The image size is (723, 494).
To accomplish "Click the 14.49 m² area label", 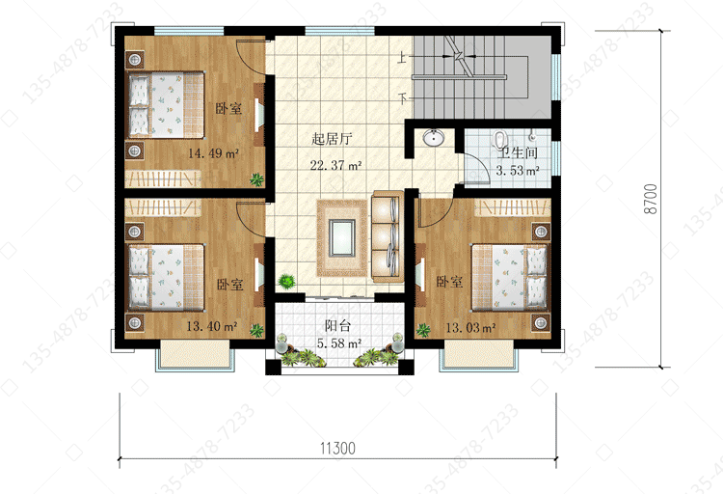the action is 213,152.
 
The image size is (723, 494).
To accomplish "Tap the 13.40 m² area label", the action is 212,326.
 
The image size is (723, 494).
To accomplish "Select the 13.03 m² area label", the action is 470,328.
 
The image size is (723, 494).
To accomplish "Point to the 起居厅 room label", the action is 332,139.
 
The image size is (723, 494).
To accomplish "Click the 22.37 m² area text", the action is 335,165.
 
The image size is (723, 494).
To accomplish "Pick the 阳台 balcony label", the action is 338,325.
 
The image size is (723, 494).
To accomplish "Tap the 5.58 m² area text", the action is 339,343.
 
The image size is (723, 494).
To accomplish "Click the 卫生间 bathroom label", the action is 518,152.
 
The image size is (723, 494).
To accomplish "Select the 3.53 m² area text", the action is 518,171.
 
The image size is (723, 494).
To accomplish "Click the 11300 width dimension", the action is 338,449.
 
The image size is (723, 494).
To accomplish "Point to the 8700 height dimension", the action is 651,199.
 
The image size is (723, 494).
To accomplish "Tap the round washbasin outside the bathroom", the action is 434,137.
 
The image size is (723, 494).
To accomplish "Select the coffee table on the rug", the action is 341,237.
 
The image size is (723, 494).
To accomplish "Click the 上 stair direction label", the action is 403,58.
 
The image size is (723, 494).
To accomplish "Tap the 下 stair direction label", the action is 403,97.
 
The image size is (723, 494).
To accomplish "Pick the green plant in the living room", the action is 287,281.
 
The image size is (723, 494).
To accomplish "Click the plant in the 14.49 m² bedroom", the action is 256,179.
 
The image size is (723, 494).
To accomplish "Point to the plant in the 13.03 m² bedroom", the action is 423,330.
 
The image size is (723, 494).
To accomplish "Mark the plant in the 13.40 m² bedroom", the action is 256,330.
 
